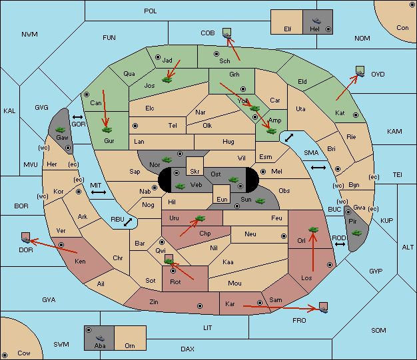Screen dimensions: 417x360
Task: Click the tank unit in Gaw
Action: click(x=61, y=130)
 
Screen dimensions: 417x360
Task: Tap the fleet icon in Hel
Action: click(x=316, y=21)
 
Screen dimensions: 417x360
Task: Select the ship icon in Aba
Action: click(x=100, y=337)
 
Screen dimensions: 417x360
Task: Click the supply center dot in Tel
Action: click(x=135, y=125)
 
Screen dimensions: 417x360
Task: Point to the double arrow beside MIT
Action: click(x=99, y=192)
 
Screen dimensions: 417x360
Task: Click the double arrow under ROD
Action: click(x=340, y=244)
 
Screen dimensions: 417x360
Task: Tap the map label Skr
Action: click(x=195, y=172)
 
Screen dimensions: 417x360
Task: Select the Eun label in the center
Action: click(x=222, y=199)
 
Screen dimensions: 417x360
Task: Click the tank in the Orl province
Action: click(x=313, y=230)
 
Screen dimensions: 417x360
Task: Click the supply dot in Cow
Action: click(x=5, y=355)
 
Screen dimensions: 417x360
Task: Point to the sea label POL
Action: click(x=151, y=11)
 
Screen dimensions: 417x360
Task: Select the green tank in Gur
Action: click(x=107, y=130)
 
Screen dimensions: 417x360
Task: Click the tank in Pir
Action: click(x=356, y=233)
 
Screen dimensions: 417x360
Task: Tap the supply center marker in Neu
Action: click(x=284, y=236)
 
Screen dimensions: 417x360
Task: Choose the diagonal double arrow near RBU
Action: click(x=128, y=222)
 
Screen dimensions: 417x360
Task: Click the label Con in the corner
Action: click(x=402, y=28)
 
